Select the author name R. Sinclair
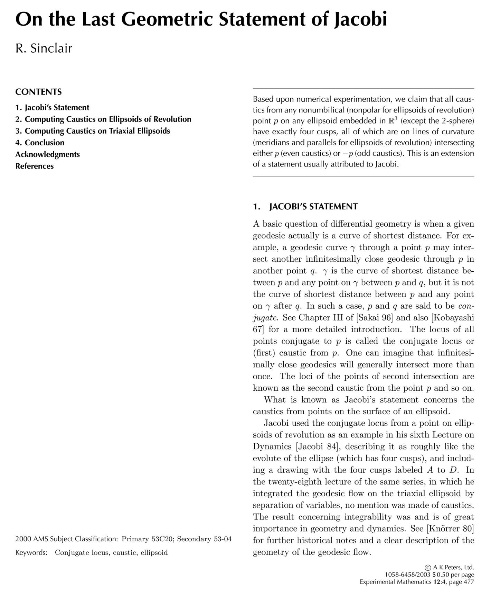click(x=44, y=48)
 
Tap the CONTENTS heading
click(x=38, y=92)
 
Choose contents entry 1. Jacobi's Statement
click(x=52, y=107)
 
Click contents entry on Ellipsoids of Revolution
click(x=103, y=119)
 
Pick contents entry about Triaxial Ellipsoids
click(x=93, y=131)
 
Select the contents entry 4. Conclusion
click(x=40, y=143)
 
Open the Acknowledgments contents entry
click(x=47, y=154)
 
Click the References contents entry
click(x=35, y=166)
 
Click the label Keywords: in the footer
click(x=31, y=552)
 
